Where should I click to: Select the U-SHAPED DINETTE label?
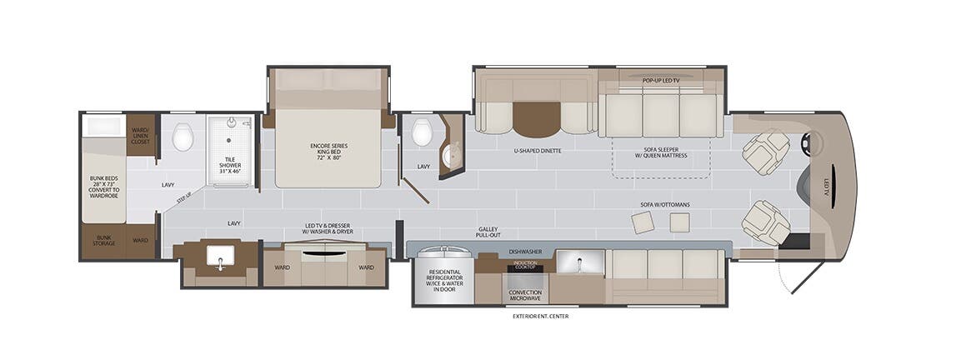[x=537, y=151]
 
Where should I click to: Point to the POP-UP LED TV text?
[x=660, y=80]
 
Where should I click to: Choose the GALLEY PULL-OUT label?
[x=489, y=232]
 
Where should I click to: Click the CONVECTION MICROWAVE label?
[x=524, y=296]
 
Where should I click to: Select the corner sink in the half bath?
[x=454, y=154]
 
